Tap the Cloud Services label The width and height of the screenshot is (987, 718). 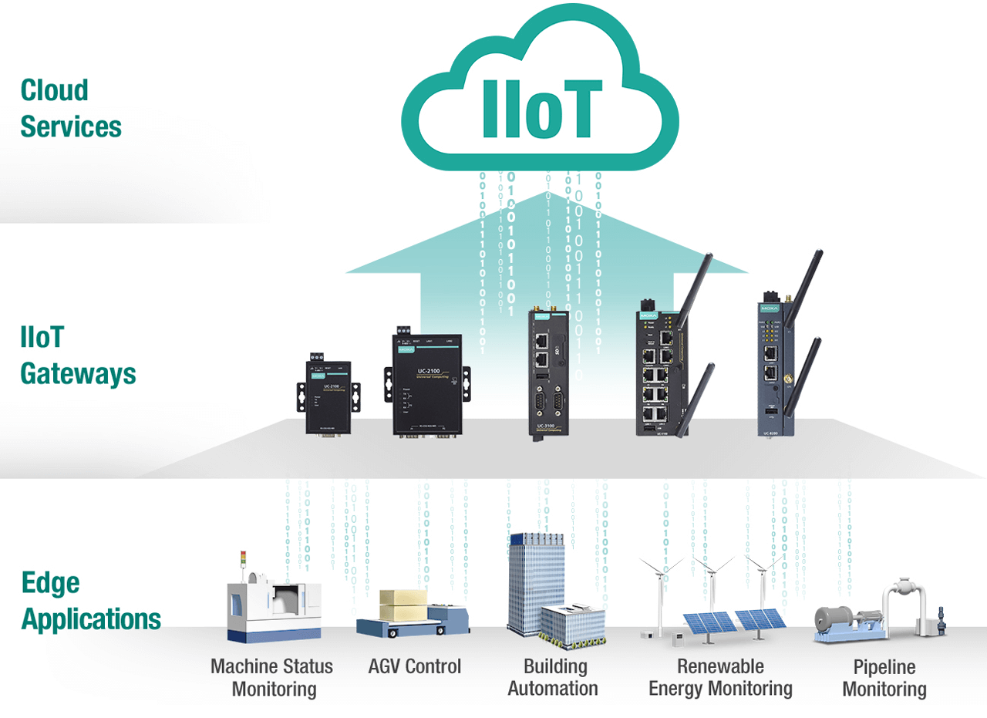(x=70, y=108)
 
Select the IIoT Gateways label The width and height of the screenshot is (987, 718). (x=77, y=356)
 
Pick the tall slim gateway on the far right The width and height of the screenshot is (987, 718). (x=774, y=362)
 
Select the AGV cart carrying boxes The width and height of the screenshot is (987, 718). (x=413, y=614)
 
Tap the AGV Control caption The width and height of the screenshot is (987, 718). (x=415, y=666)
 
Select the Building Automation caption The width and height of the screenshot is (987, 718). (x=552, y=677)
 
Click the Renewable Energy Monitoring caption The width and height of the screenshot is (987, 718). (x=720, y=677)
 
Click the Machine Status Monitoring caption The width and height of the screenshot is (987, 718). (x=271, y=677)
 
